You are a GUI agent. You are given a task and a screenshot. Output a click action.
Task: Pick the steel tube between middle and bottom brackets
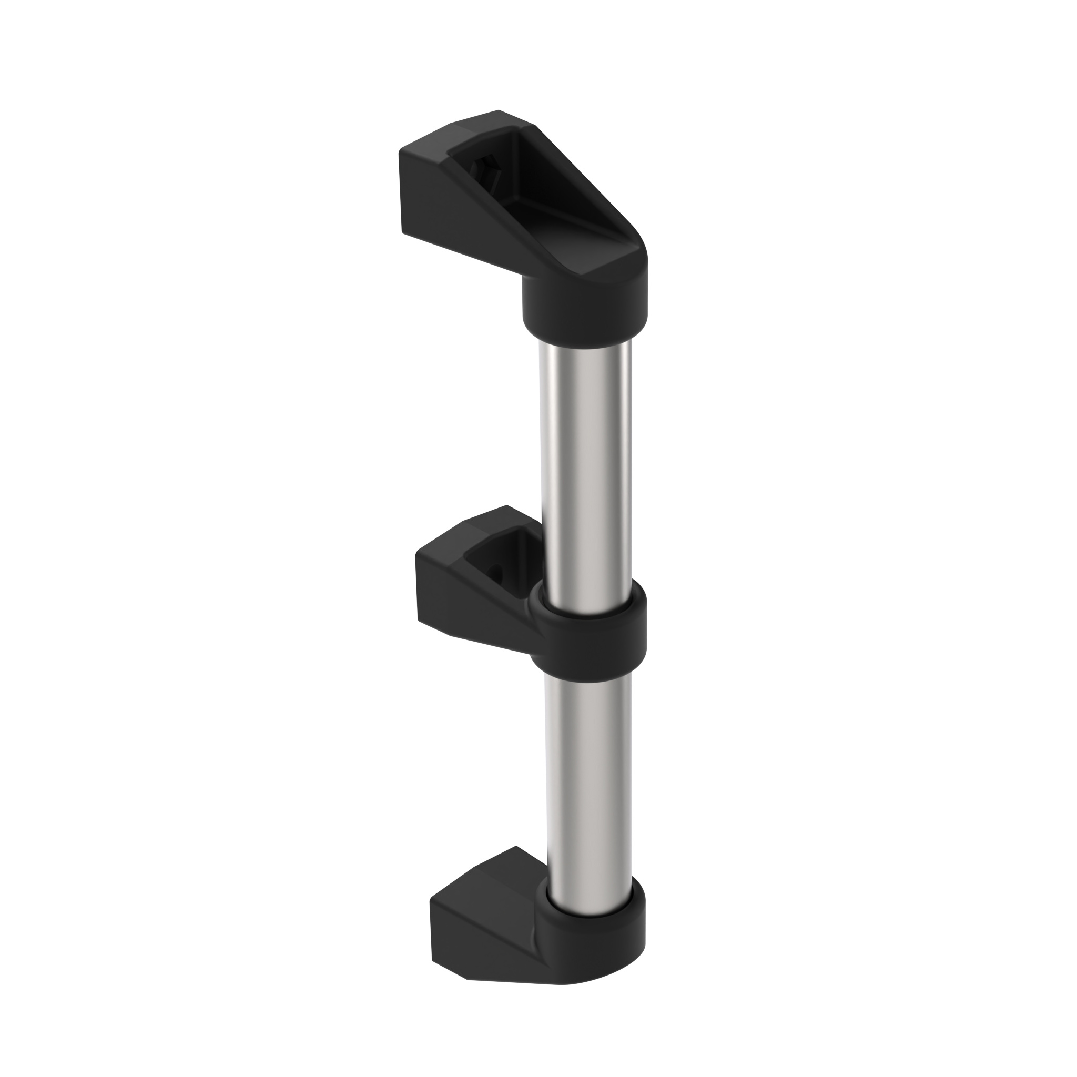588,780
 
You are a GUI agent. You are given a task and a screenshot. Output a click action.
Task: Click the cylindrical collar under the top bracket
584,309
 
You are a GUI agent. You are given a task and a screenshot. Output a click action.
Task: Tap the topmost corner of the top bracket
499,111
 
